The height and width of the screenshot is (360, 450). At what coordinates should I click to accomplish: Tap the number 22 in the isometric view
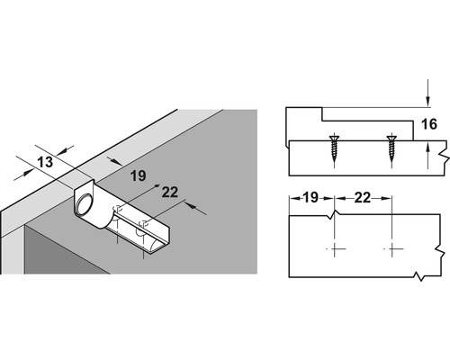click(x=143, y=191)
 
